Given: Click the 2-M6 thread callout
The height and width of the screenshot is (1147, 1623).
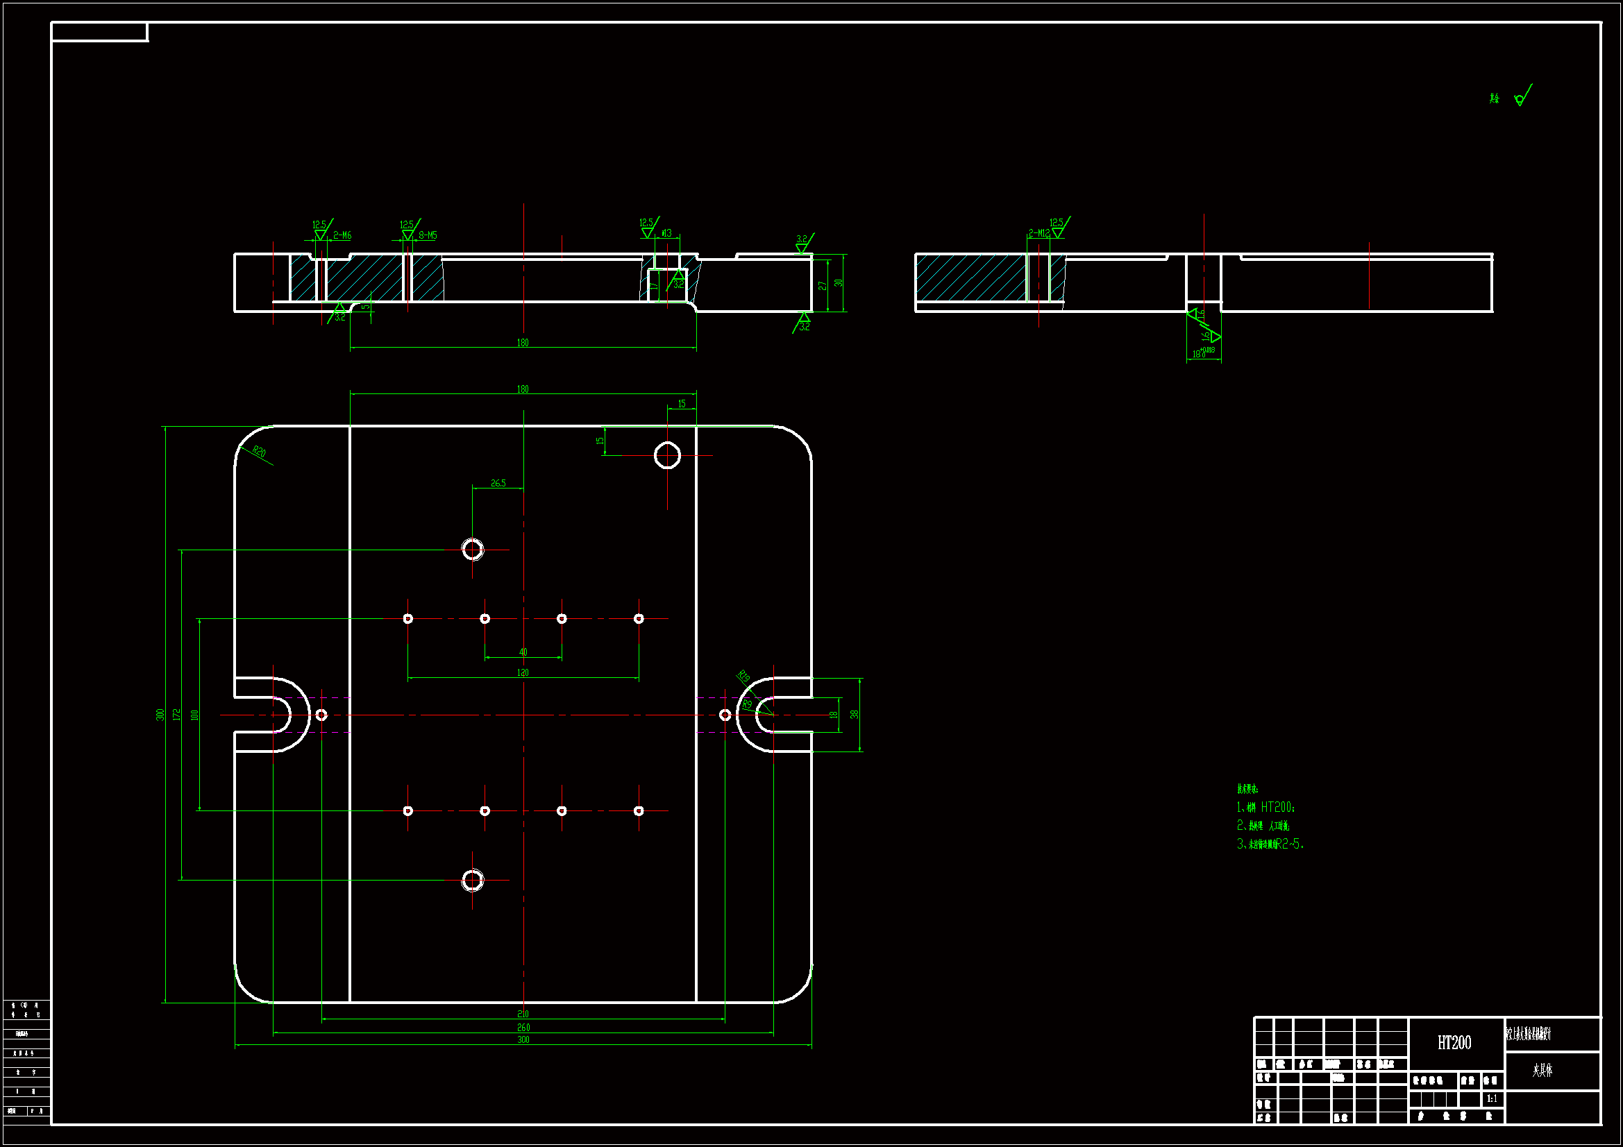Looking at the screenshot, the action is point(342,235).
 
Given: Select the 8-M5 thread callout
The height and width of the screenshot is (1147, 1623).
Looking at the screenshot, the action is point(428,235).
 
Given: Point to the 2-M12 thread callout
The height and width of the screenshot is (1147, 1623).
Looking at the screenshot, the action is point(1038,232).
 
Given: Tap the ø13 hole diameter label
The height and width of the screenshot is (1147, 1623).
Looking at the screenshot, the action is point(666,233).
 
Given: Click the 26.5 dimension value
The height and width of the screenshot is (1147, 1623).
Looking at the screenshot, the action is point(498,484).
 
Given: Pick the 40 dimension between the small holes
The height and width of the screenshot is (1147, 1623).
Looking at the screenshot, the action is point(523,652).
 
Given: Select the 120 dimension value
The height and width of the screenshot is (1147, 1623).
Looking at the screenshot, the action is point(523,673).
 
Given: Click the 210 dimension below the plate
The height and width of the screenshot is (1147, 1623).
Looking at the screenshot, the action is point(523,1014).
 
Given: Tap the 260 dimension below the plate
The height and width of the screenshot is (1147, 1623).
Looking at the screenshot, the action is point(523,1028).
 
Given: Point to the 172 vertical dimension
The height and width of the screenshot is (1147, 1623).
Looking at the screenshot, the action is point(177,715).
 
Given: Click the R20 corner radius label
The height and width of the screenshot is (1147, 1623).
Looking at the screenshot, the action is point(259,452).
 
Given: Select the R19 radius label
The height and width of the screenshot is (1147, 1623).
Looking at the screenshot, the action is point(743,677).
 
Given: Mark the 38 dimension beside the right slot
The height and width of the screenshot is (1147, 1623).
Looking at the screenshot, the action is point(855,715).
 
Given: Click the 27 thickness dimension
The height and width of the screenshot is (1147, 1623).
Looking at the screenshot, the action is point(822,285).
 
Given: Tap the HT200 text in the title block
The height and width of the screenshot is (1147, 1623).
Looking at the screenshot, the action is point(1454,1043).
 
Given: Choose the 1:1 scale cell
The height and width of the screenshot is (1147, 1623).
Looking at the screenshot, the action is point(1492,1098).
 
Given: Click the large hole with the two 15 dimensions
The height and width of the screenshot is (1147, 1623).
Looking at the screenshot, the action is point(667,456).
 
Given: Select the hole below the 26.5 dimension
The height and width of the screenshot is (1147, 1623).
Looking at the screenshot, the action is point(473,549).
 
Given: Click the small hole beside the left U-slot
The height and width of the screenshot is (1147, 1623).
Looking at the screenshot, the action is point(321,715).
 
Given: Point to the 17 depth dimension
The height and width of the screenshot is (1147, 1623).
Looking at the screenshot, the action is point(654,286).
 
